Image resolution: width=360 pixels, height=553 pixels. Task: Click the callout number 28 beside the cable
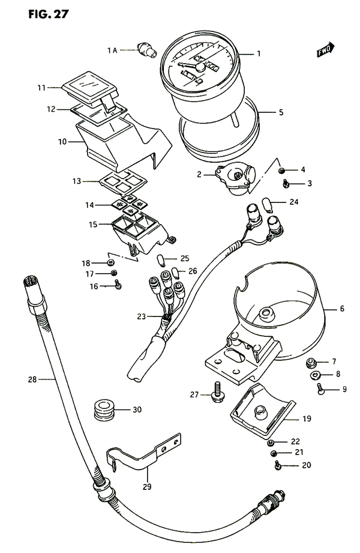coord(32,379)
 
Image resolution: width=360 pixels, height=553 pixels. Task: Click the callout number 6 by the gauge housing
coord(342,309)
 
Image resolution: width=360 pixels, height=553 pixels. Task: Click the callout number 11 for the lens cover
coord(41,88)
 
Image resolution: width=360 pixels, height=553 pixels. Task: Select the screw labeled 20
coord(278,464)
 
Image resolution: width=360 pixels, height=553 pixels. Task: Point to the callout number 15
coord(92,225)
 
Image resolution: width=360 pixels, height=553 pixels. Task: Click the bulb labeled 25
coord(160,259)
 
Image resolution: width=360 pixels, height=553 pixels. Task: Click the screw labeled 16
coord(118,286)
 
